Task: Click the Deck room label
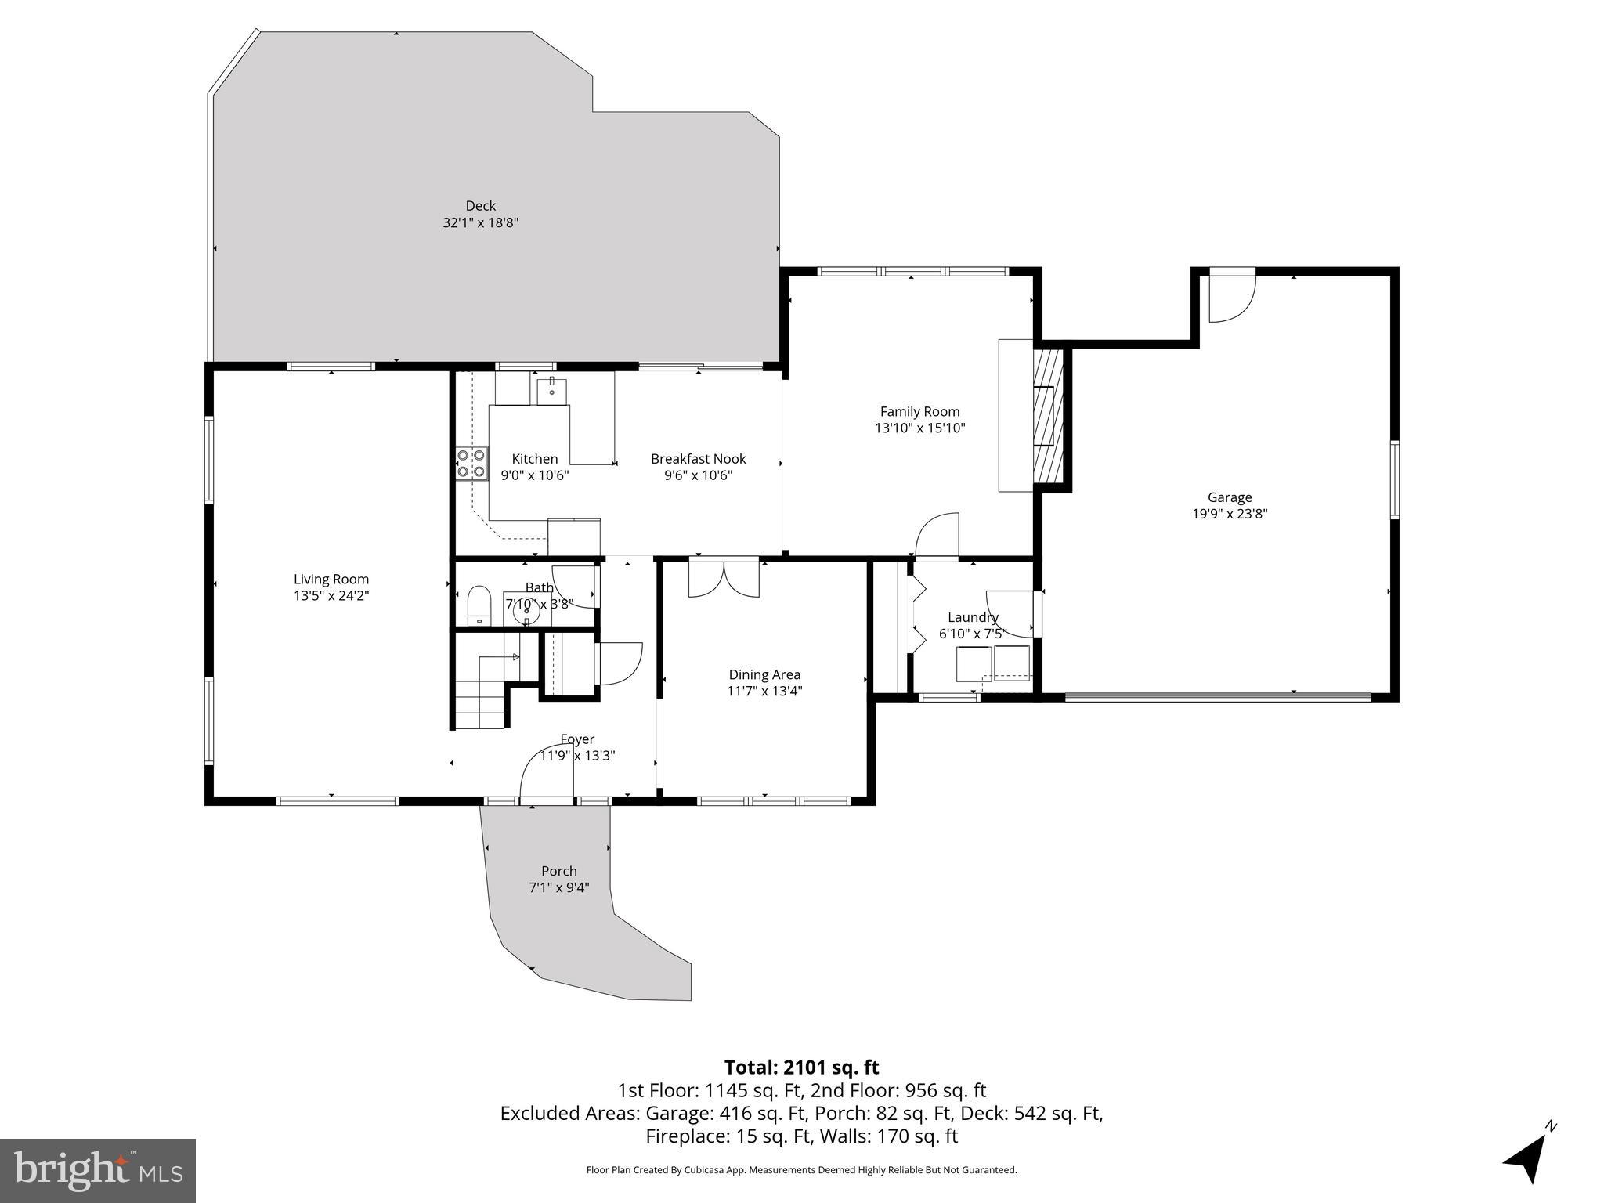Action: [x=481, y=206]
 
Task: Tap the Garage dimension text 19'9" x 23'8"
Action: [x=1230, y=514]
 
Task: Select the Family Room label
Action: [x=919, y=411]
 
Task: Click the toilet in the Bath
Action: [x=478, y=606]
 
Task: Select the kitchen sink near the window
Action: [x=552, y=389]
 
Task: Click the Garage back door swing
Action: [x=1232, y=297]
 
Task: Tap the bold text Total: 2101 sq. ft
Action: [x=801, y=1068]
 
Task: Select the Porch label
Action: [x=559, y=871]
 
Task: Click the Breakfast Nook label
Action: [x=698, y=459]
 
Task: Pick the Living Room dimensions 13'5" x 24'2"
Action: [x=331, y=595]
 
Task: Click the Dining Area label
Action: [x=764, y=674]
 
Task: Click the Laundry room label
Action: [x=973, y=617]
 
